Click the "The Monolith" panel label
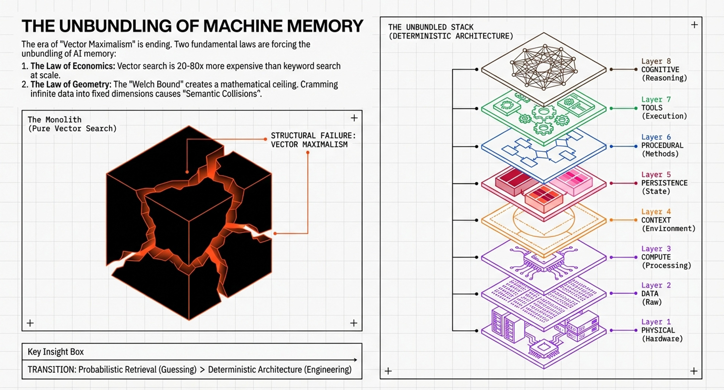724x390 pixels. tap(55, 120)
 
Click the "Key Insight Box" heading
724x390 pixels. tap(56, 352)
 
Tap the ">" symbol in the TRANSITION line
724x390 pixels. tap(202, 370)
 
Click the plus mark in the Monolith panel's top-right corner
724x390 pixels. tap(354, 118)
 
